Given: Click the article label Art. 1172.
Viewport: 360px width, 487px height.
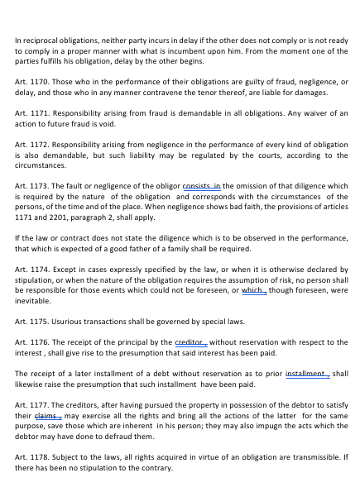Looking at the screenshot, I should pos(29,144).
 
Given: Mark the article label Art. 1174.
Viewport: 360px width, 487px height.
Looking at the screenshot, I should pos(29,270).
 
